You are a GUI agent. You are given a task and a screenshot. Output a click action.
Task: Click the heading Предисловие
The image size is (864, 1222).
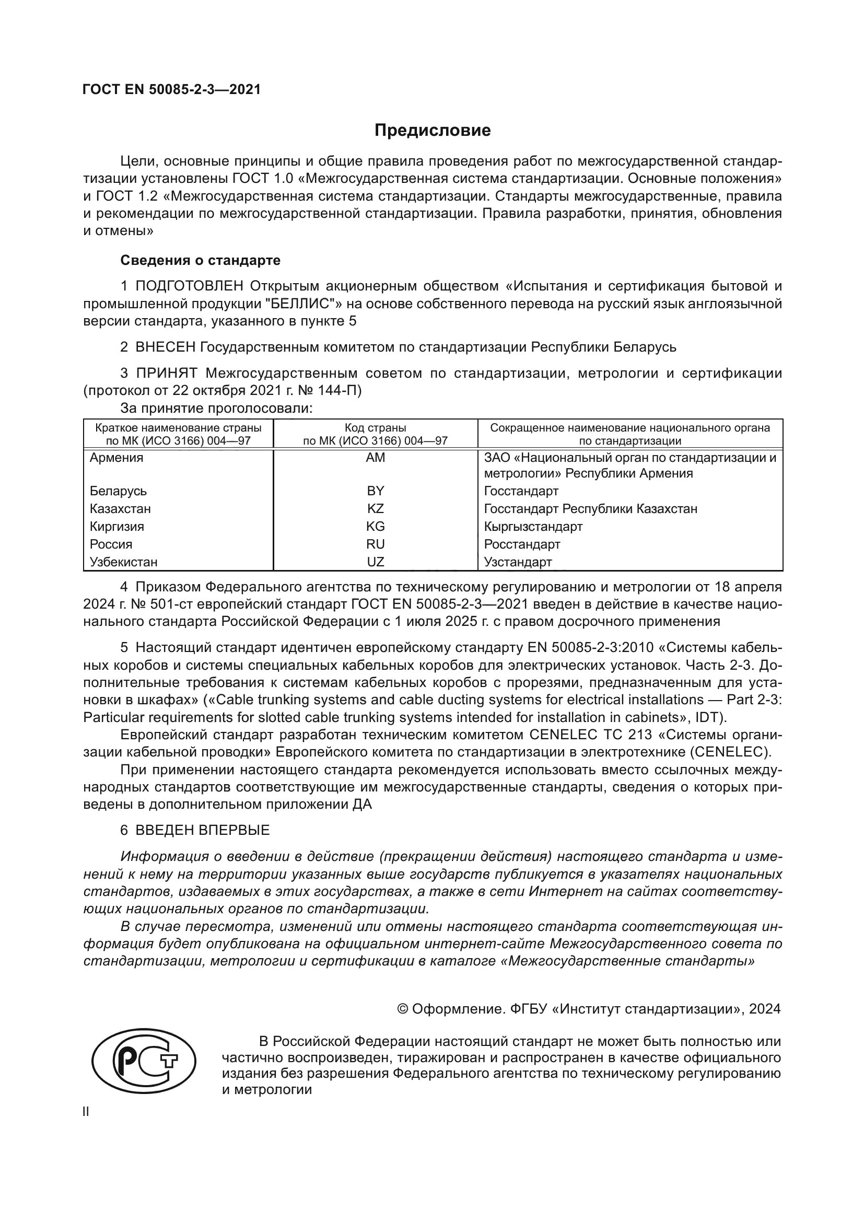pyautogui.click(x=432, y=131)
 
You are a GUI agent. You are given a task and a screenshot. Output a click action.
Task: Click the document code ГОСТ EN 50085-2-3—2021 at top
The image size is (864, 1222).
pyautogui.click(x=172, y=90)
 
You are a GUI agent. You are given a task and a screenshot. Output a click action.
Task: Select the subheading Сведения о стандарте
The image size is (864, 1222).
pyautogui.click(x=200, y=260)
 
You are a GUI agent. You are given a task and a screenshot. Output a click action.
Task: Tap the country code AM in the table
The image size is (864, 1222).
pyautogui.click(x=375, y=458)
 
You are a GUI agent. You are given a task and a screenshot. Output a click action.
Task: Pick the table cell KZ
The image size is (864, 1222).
pyautogui.click(x=375, y=509)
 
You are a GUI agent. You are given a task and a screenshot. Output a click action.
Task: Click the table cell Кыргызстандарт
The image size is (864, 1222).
pyautogui.click(x=533, y=527)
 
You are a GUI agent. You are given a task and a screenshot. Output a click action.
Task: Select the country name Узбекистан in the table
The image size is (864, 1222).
pyautogui.click(x=123, y=562)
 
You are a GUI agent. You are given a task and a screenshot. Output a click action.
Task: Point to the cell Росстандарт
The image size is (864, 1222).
pyautogui.click(x=522, y=544)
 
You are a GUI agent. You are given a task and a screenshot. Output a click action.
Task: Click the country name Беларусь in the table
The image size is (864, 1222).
pyautogui.click(x=118, y=491)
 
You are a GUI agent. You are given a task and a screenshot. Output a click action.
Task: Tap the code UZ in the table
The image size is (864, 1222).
pyautogui.click(x=375, y=562)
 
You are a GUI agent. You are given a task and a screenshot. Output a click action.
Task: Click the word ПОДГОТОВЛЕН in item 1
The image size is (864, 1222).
pyautogui.click(x=190, y=286)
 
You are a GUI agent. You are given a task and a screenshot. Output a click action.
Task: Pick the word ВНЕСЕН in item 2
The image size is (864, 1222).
pyautogui.click(x=166, y=347)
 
